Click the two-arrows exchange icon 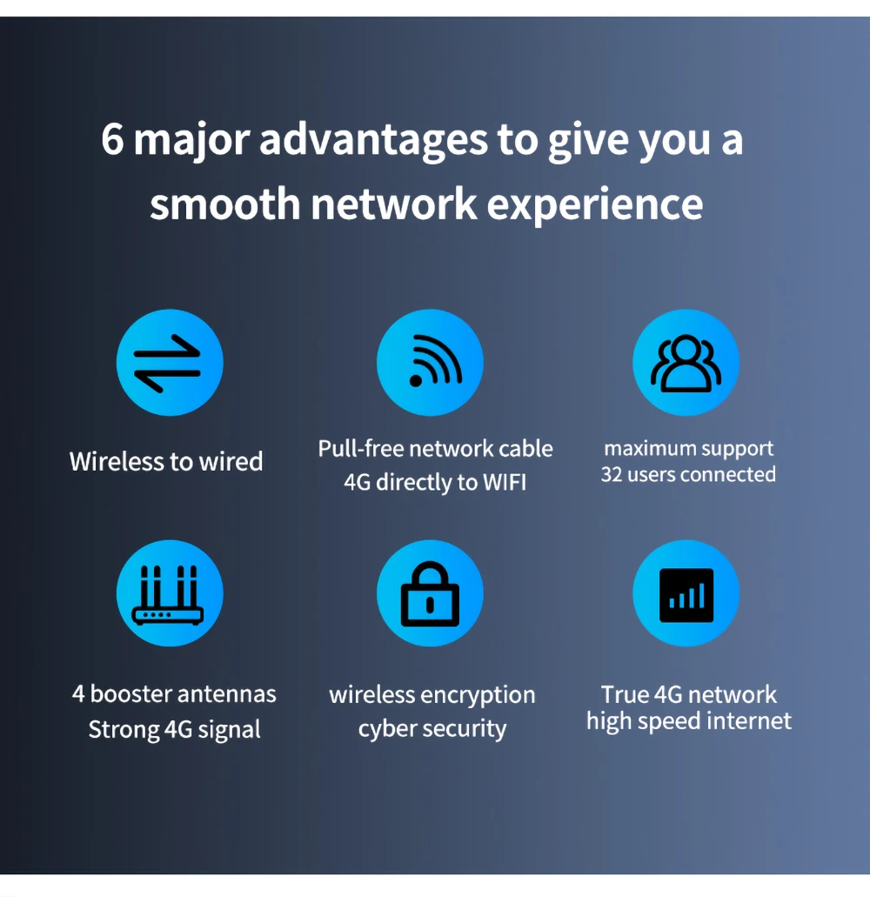click(170, 363)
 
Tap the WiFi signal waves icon click(430, 363)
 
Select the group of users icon click(686, 363)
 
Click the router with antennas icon click(170, 593)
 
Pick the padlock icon click(430, 593)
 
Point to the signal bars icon click(686, 593)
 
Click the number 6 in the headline click(113, 140)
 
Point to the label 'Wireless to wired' click(166, 461)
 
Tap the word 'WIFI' click(504, 482)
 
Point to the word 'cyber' click(386, 729)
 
